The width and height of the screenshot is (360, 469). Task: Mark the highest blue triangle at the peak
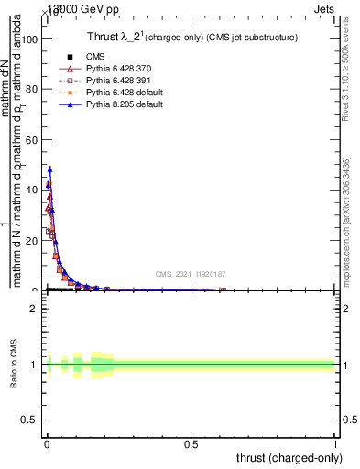tap(49, 169)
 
